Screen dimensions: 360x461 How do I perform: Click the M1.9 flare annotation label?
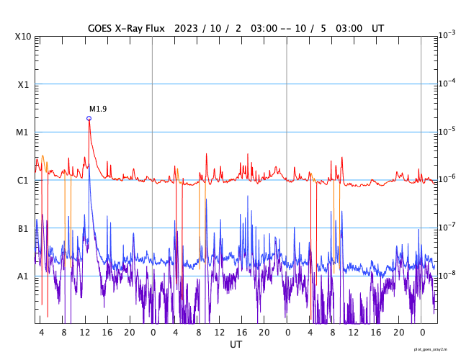pyautogui.click(x=98, y=109)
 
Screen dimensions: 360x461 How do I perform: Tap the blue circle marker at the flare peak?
pyautogui.click(x=89, y=118)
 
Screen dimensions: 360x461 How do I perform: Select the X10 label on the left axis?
pyautogui.click(x=22, y=37)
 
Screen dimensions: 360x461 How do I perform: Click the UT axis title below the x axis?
pyautogui.click(x=236, y=345)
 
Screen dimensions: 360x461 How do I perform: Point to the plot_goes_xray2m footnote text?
pyautogui.click(x=435, y=348)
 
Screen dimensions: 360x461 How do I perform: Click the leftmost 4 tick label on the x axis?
pyautogui.click(x=41, y=333)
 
